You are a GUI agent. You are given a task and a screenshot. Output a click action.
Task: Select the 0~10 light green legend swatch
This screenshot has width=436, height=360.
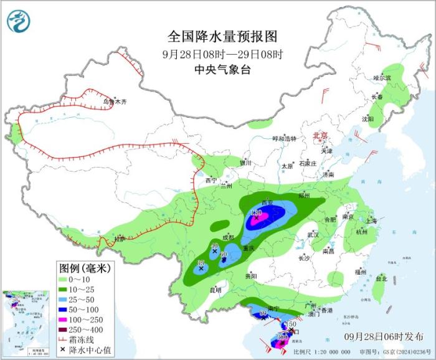64,281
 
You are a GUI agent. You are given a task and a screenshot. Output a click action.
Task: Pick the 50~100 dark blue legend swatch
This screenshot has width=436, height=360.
64,310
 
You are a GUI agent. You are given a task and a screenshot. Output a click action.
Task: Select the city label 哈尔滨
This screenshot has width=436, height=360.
382,78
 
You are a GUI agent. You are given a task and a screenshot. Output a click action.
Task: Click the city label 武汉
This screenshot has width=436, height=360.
313,235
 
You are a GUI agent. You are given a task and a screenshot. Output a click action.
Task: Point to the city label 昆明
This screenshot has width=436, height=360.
215,290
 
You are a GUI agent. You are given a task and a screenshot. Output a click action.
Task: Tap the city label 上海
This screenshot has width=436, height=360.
371,220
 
